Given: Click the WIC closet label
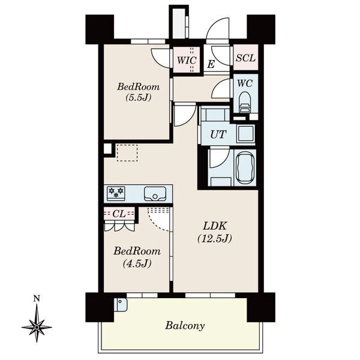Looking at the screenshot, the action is pyautogui.click(x=187, y=61).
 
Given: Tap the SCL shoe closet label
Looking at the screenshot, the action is pyautogui.click(x=245, y=58).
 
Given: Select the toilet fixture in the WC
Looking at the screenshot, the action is pyautogui.click(x=245, y=103).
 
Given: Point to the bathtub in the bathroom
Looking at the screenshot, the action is pyautogui.click(x=245, y=168).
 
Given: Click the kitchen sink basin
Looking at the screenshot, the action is pyautogui.click(x=155, y=194).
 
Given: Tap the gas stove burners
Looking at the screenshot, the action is pyautogui.click(x=116, y=193).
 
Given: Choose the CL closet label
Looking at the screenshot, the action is pyautogui.click(x=119, y=214).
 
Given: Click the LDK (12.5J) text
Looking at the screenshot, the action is pyautogui.click(x=215, y=232).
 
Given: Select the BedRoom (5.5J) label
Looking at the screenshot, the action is pyautogui.click(x=138, y=92).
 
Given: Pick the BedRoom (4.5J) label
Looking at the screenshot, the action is pyautogui.click(x=137, y=257).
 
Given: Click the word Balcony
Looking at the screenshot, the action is pyautogui.click(x=185, y=326).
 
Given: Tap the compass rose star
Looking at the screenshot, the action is pyautogui.click(x=37, y=327).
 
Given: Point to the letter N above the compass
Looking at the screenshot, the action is pyautogui.click(x=37, y=298).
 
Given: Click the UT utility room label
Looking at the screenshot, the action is pyautogui.click(x=218, y=134).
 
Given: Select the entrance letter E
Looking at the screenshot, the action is pyautogui.click(x=211, y=64).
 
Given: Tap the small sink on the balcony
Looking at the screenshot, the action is pyautogui.click(x=121, y=304).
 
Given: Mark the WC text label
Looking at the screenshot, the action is pyautogui.click(x=245, y=83).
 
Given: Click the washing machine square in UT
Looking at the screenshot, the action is pyautogui.click(x=246, y=134).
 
